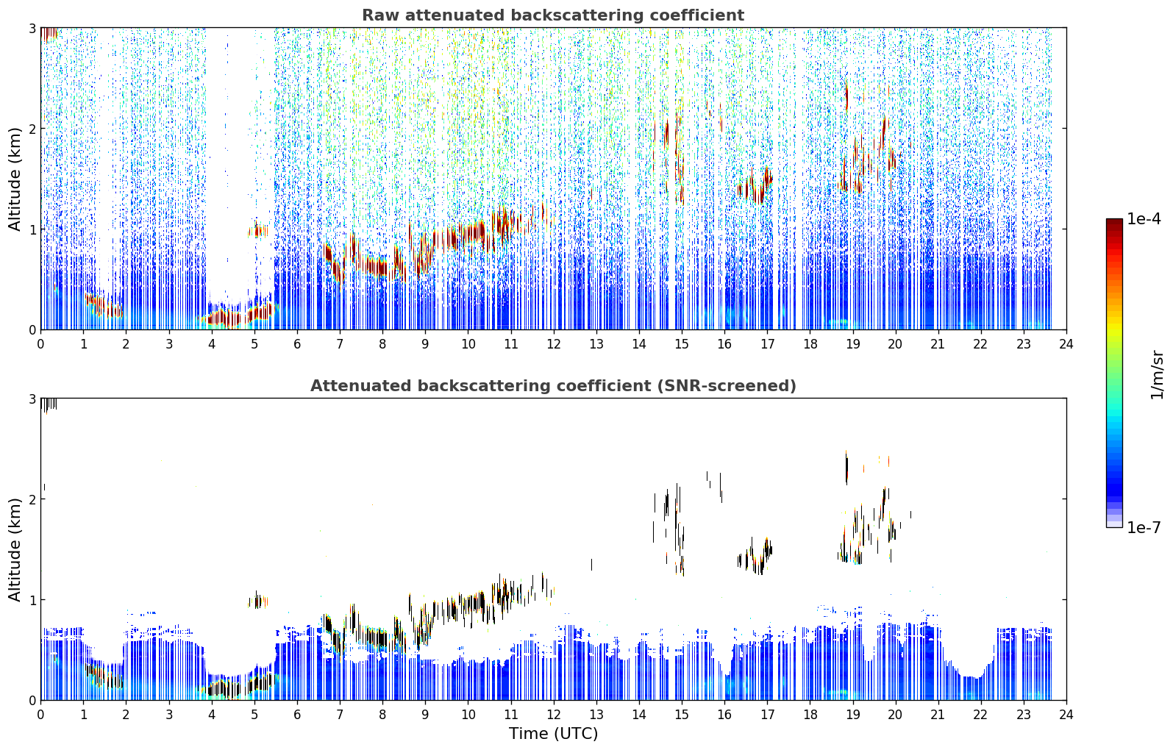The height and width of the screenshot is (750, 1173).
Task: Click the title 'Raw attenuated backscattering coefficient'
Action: pos(553,15)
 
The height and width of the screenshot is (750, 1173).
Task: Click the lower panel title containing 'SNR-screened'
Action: pos(553,385)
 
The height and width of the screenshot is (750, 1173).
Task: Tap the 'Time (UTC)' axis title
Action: pos(553,733)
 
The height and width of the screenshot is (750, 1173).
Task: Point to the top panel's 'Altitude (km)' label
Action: pos(15,179)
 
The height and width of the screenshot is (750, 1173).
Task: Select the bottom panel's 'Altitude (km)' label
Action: pos(15,549)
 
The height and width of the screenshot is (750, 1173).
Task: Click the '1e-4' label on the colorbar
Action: pos(1144,219)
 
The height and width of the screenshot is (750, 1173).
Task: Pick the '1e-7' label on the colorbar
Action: pos(1144,527)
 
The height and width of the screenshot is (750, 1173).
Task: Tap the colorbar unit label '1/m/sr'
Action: pos(1157,375)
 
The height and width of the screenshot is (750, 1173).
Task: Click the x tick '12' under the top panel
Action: pos(554,344)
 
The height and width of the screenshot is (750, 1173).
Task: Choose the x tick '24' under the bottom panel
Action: pos(1066,715)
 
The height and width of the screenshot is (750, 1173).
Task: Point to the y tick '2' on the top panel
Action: pos(32,129)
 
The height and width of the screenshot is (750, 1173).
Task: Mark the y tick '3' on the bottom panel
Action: pos(32,399)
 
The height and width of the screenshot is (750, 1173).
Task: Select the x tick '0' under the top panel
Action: pos(41,344)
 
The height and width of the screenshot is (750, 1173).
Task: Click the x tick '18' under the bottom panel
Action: pos(810,715)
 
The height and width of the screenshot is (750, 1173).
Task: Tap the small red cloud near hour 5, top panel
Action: pos(257,231)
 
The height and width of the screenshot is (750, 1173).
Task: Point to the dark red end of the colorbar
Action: pos(1114,222)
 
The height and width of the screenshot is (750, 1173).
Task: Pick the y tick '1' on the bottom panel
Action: pos(32,600)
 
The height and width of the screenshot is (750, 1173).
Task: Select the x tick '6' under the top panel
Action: pos(297,344)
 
